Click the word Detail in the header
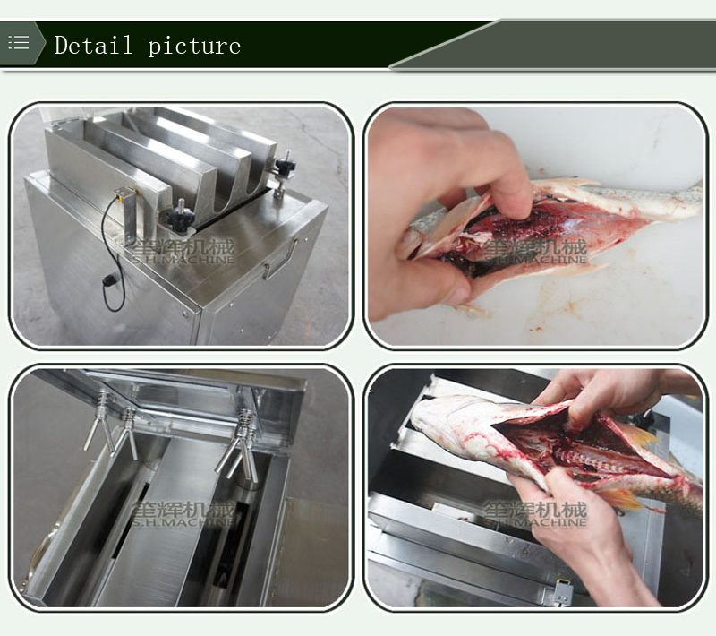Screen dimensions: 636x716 (93, 45)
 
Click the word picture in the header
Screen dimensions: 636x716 (194, 46)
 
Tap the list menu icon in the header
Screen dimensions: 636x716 (19, 43)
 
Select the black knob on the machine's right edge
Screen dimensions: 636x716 (286, 168)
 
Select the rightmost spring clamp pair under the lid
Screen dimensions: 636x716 (239, 443)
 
